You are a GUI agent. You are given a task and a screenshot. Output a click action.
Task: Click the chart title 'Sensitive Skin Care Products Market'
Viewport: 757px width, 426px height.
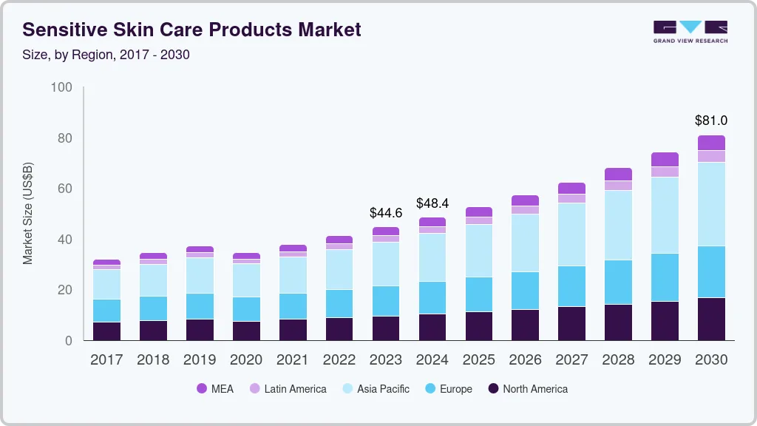191,30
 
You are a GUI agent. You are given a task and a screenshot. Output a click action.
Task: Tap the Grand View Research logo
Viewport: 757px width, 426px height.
690,31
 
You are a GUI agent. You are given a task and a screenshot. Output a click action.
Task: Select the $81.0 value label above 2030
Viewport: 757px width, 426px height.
710,121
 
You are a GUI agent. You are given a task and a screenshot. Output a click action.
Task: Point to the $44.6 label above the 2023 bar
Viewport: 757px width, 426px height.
386,213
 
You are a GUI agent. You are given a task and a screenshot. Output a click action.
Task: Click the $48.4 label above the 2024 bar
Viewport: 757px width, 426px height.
432,203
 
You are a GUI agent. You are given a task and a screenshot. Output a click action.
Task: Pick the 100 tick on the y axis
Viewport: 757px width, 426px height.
61,88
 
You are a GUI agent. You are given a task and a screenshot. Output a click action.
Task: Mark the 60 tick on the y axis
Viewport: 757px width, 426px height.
64,189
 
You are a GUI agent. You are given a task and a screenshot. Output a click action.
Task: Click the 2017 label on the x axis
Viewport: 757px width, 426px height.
106,360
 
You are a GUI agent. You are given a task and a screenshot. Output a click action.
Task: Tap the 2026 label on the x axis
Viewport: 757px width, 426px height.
526,360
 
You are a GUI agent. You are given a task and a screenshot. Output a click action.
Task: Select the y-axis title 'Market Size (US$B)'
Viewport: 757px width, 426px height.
28,213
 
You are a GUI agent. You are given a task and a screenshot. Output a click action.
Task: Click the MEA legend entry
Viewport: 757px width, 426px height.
215,389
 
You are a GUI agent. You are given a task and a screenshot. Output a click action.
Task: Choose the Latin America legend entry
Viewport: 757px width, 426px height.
288,389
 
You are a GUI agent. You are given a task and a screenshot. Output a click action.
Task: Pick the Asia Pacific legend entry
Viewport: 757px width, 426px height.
376,389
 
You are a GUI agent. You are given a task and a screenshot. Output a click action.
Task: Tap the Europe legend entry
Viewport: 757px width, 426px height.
448,389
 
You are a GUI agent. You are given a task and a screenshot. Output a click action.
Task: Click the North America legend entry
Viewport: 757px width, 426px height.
528,389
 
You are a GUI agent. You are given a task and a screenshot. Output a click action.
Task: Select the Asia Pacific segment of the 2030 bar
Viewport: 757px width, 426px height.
711,204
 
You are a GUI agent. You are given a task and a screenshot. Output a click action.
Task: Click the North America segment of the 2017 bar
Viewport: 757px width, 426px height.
106,331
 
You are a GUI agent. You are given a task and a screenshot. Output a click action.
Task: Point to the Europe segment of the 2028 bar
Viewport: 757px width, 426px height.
618,282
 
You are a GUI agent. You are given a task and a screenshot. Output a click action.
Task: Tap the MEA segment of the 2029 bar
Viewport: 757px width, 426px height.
665,159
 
